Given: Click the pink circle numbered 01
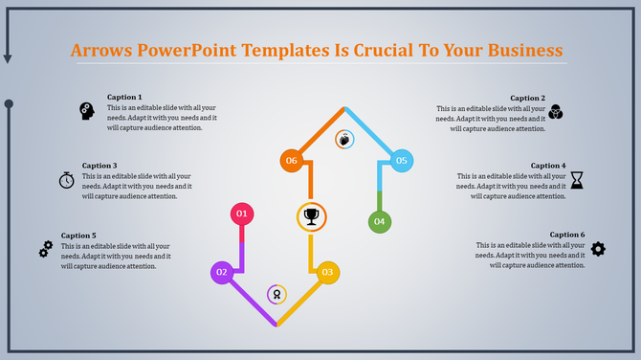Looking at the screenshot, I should click(x=242, y=213).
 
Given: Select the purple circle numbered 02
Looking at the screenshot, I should click(x=222, y=273).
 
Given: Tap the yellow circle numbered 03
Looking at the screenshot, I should click(x=328, y=273).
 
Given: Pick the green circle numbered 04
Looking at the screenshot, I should click(x=380, y=222).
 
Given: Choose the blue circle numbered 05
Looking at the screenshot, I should click(x=401, y=161).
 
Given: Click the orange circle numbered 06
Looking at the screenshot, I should click(x=292, y=161).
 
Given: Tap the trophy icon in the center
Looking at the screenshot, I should click(x=311, y=216).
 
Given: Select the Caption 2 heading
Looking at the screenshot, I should click(x=527, y=98).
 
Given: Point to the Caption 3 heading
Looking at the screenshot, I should click(x=99, y=166).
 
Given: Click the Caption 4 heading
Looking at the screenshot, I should click(x=548, y=166).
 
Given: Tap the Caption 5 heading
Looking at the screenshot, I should click(x=78, y=236).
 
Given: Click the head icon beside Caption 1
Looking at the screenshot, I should click(x=86, y=111).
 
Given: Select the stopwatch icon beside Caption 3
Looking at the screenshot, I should click(x=66, y=179).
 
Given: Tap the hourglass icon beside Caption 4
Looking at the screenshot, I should click(x=577, y=179).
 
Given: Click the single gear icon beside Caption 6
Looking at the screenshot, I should click(x=598, y=249).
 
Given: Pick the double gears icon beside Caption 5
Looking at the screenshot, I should click(x=45, y=249).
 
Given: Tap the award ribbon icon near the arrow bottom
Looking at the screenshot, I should click(x=276, y=294).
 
